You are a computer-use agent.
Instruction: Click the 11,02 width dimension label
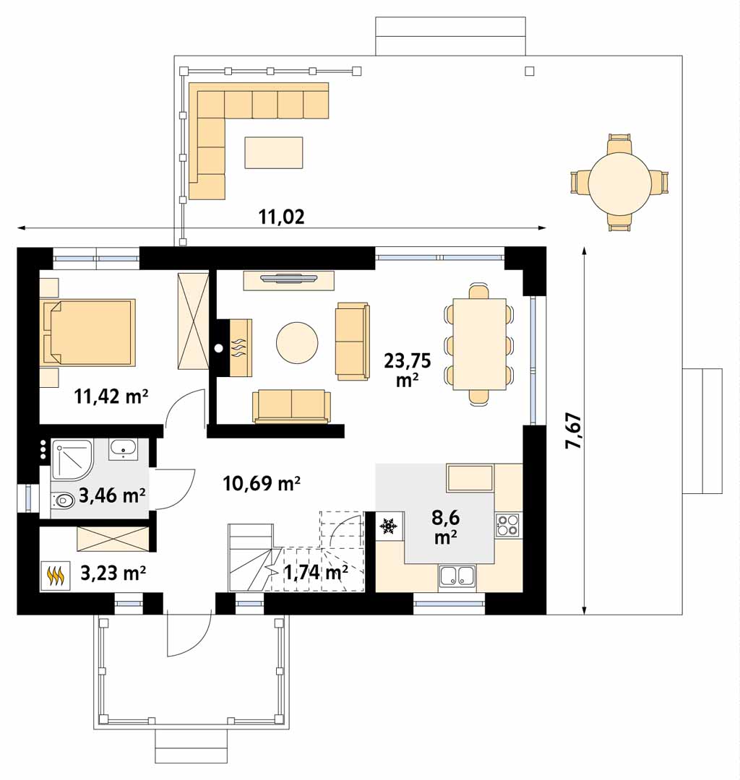[x=281, y=217]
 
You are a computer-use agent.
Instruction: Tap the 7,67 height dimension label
[x=573, y=430]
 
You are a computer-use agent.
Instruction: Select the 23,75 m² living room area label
[x=407, y=370]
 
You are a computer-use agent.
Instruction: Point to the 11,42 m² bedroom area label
[x=111, y=396]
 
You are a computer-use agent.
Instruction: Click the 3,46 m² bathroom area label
[x=112, y=495]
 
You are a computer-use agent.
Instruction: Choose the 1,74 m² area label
[x=316, y=573]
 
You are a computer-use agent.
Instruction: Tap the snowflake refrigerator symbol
[x=388, y=526]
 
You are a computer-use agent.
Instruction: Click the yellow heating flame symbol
[x=55, y=576]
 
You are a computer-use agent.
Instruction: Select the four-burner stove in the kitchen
[x=507, y=525]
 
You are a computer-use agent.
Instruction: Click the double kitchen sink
[x=457, y=576]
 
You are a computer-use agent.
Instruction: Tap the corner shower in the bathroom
[x=72, y=459]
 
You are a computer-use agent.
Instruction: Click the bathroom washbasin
[x=122, y=449]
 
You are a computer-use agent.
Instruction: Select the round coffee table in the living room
[x=297, y=343]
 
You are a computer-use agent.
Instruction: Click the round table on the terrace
[x=619, y=183]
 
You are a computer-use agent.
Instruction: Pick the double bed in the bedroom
[x=90, y=332]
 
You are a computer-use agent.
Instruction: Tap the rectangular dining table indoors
[x=479, y=344]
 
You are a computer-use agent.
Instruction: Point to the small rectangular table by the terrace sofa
[x=274, y=152]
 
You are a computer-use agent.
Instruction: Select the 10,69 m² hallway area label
[x=262, y=483]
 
